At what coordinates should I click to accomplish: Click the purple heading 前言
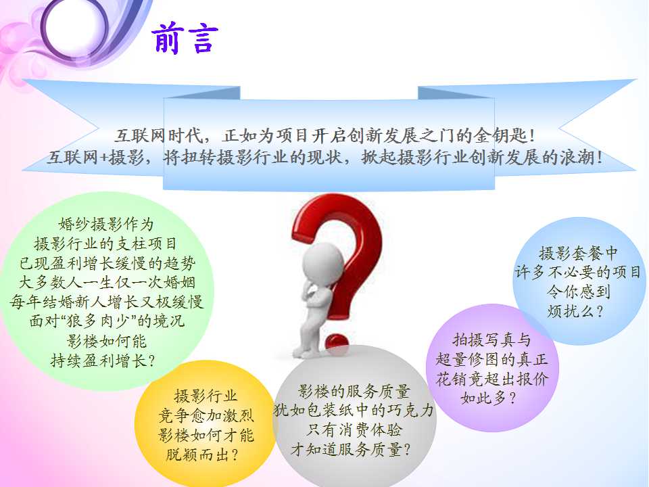point(185,38)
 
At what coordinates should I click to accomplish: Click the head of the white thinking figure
point(322,264)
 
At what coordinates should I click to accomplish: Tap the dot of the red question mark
point(336,343)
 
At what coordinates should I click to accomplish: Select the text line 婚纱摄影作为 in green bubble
point(106,224)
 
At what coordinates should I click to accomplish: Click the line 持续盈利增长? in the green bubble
point(103,361)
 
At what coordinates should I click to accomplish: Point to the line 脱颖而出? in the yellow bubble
point(202,455)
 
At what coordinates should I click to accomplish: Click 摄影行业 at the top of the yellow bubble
point(206,396)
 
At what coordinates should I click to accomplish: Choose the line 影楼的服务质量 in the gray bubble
point(354,390)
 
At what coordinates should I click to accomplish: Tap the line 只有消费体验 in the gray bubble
point(354,430)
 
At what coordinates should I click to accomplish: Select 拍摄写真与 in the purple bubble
point(491,340)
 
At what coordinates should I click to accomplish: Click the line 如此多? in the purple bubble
point(488,398)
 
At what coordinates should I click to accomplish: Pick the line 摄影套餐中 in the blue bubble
point(578,252)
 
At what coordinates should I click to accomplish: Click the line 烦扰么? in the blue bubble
point(575,311)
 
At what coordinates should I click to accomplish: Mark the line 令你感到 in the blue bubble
point(578,292)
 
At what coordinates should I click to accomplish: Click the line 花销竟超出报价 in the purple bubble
point(491,379)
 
